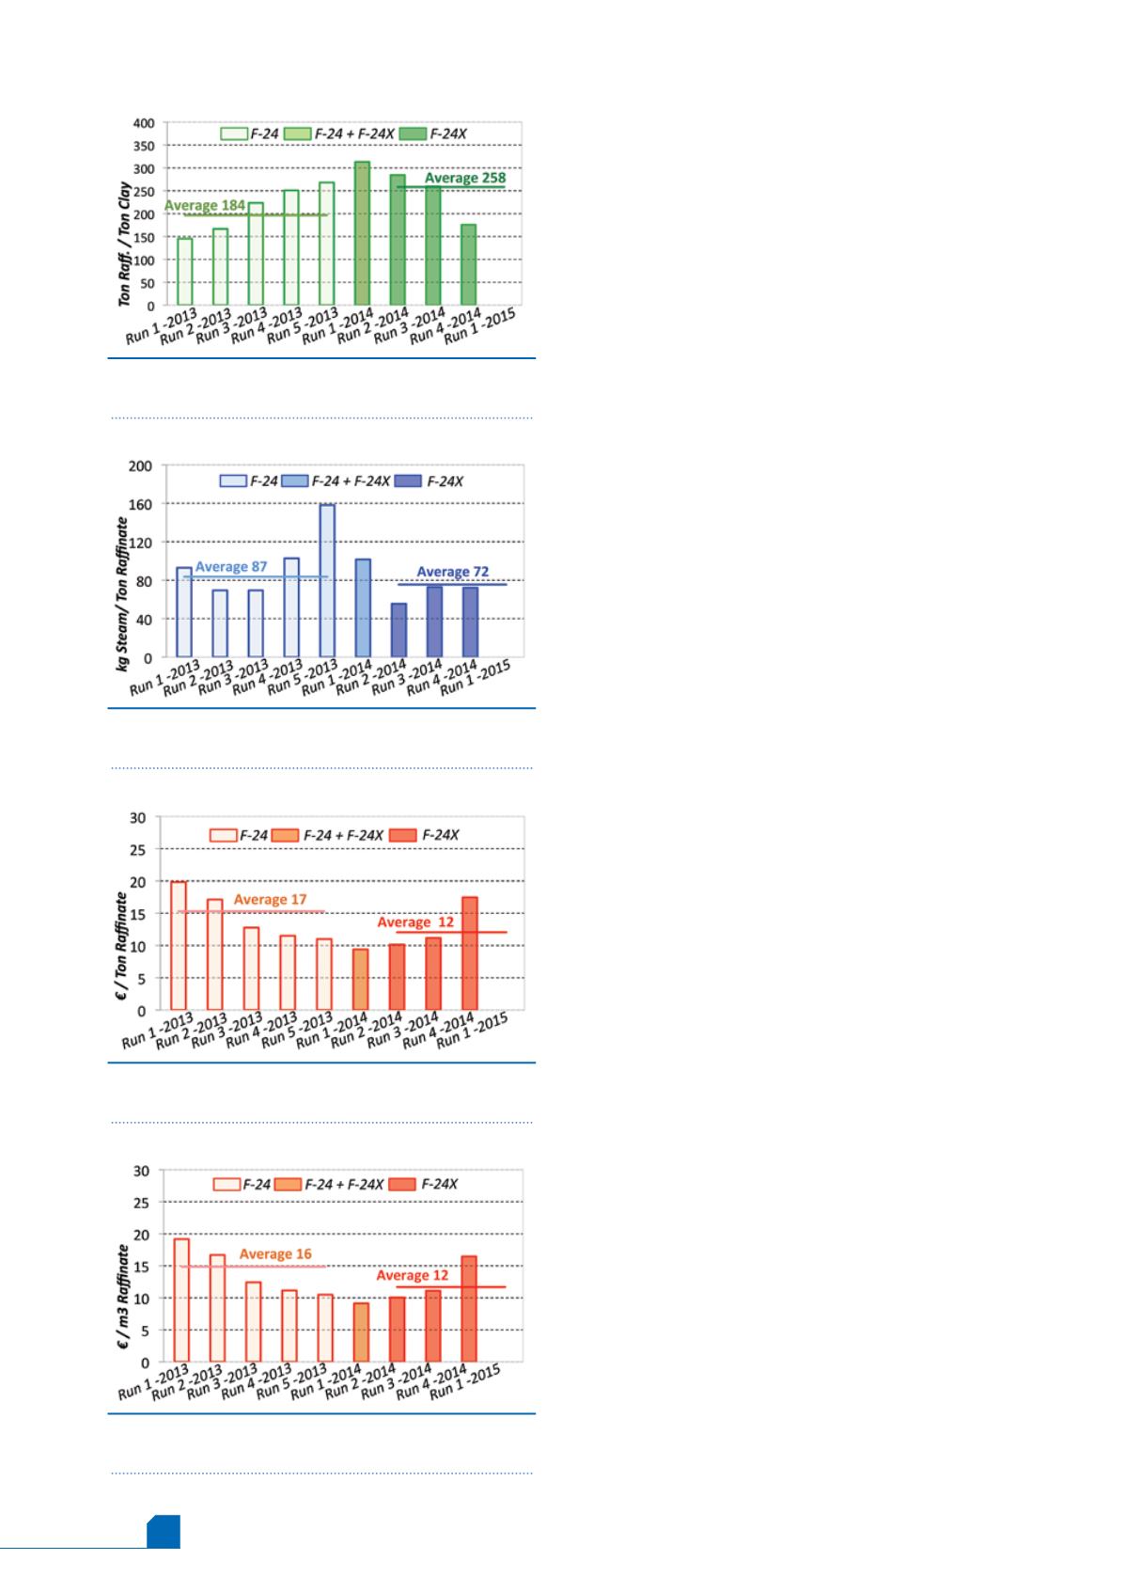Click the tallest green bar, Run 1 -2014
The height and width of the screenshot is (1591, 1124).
coord(362,233)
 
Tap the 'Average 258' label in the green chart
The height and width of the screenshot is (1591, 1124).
coord(465,177)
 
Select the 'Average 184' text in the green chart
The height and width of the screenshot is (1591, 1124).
coord(205,205)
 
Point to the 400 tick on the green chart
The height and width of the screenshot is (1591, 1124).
coord(143,122)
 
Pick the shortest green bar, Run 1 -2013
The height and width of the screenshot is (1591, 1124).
coord(184,272)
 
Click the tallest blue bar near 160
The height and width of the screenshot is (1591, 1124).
coord(327,580)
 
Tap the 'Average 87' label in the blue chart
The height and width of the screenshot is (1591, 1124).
coord(231,567)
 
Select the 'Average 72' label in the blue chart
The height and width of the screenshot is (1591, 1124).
coord(453,572)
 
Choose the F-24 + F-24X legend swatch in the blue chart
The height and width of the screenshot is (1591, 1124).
coord(294,481)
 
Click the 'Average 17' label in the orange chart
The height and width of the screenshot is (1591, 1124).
coord(270,900)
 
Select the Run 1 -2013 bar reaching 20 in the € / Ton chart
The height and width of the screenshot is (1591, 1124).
coord(179,946)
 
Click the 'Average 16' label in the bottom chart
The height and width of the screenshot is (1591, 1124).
coord(275,1253)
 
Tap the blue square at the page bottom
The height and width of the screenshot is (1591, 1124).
coord(163,1557)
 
